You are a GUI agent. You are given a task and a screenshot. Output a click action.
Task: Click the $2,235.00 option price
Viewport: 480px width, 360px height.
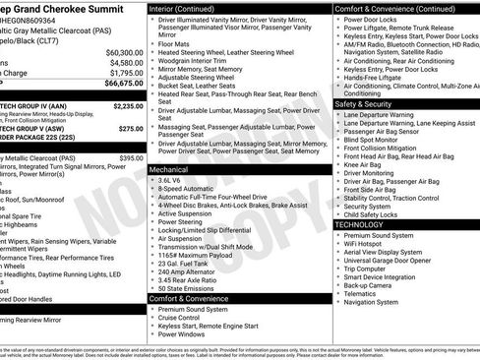click(x=128, y=104)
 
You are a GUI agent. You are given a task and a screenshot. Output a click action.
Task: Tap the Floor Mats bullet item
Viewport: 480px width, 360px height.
click(x=175, y=43)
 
